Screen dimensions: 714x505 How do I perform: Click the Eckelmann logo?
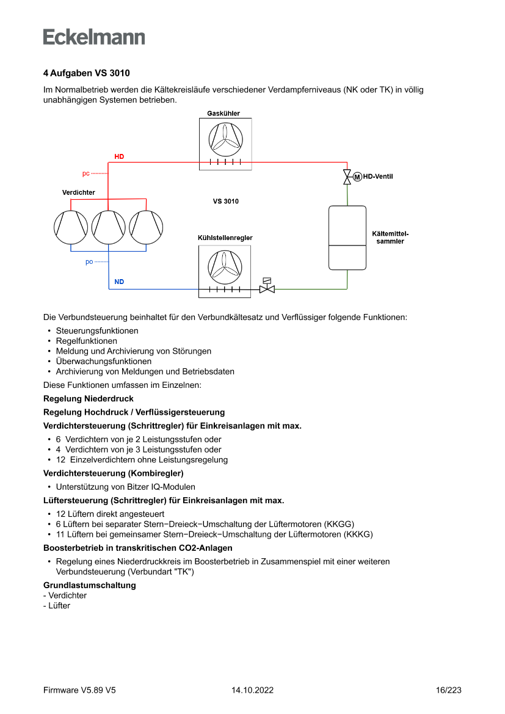click(94, 37)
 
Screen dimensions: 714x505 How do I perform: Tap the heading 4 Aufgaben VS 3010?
click(86, 73)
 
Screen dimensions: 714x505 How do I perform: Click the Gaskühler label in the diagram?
click(223, 113)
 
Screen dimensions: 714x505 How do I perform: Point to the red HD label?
click(119, 157)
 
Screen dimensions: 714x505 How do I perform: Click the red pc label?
click(86, 173)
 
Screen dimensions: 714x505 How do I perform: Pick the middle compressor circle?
click(109, 227)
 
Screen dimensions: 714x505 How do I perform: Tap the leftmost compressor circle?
click(71, 227)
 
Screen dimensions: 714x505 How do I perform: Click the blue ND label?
click(119, 282)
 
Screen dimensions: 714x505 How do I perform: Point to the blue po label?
click(89, 262)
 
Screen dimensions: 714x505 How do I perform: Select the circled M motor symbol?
click(357, 177)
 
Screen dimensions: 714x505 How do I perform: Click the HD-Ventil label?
click(378, 177)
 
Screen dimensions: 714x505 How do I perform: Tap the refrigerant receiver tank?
click(347, 238)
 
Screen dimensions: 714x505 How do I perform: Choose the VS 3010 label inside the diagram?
click(225, 202)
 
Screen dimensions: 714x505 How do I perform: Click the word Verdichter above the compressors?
click(79, 192)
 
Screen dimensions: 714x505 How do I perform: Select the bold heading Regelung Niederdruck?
click(89, 399)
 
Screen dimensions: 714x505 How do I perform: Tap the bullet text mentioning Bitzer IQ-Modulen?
click(126, 487)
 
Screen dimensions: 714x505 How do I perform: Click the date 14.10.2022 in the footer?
click(252, 690)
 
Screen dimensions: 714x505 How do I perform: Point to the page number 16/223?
click(449, 690)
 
